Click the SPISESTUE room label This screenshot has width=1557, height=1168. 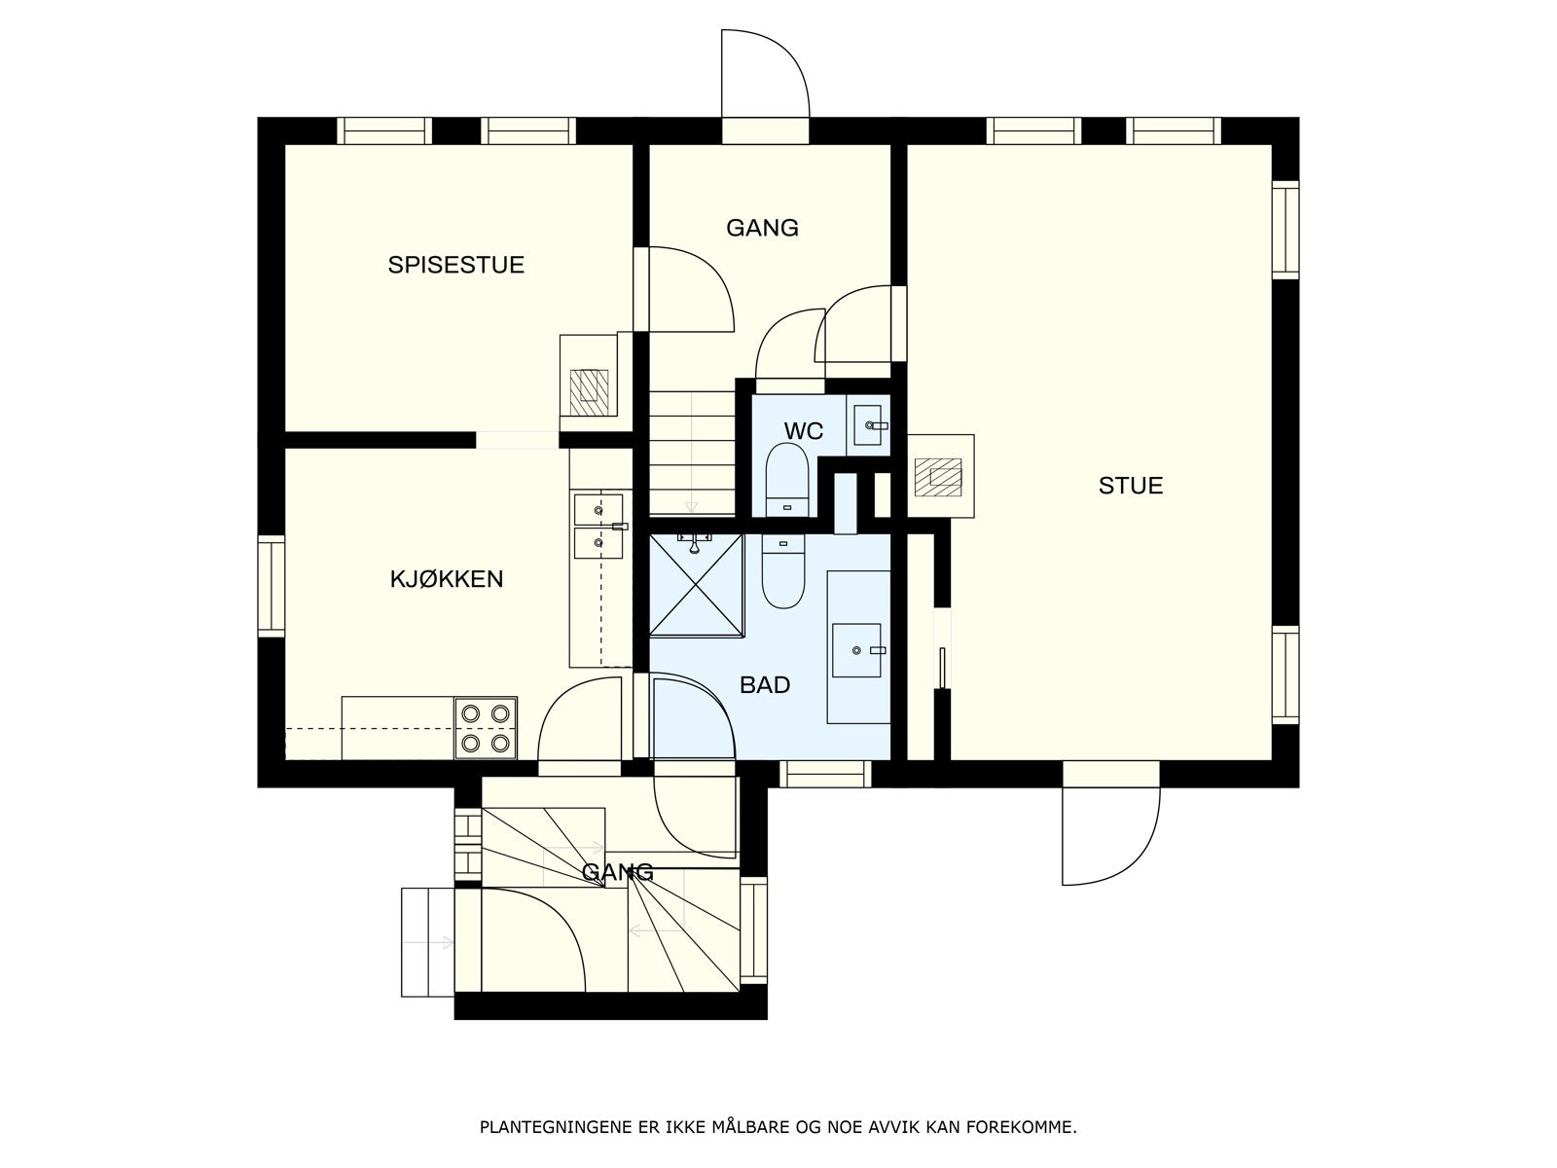(455, 265)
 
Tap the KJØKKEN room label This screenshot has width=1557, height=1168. (446, 579)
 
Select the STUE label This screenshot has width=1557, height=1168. (1130, 486)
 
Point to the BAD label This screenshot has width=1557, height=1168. (765, 685)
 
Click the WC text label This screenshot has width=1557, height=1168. (804, 430)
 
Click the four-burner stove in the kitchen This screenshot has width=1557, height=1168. (486, 728)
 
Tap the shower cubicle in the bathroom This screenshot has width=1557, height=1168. (697, 584)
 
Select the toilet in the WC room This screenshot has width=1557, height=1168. (785, 479)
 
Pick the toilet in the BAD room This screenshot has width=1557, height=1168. (783, 572)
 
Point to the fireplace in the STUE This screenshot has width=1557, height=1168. (940, 477)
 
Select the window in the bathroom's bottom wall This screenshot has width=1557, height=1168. (825, 773)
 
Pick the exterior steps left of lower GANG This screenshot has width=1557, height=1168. (428, 941)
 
